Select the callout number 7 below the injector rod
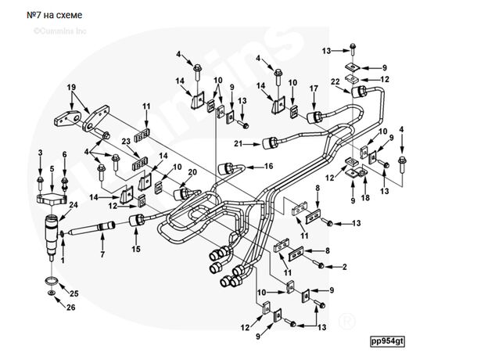click(x=102, y=255)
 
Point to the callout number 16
click(x=268, y=167)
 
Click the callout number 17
click(x=314, y=88)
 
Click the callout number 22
click(x=334, y=82)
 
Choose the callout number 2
click(x=343, y=268)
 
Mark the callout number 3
click(x=41, y=153)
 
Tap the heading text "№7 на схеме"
click(x=52, y=15)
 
